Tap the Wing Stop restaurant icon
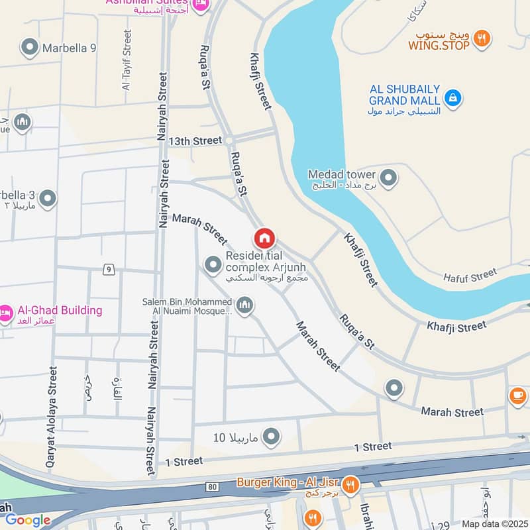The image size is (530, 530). coord(484,38)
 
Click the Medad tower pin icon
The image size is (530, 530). coord(389,178)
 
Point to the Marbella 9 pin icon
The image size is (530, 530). coord(29,48)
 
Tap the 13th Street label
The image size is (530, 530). coord(195,141)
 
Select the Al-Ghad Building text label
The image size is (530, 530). coord(60,310)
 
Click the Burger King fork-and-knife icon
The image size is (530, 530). coord(351,484)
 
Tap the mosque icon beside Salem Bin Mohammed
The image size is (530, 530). coord(245,305)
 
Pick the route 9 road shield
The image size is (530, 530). coord(107,269)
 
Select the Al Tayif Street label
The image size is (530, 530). coord(127,60)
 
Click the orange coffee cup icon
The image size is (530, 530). coord(517,396)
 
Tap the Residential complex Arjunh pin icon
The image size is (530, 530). coord(213,265)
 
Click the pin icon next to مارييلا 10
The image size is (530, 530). coord(271,437)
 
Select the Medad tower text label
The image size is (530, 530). coord(342,175)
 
